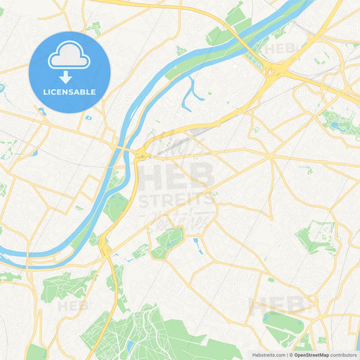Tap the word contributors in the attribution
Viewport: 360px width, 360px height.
pyautogui.click(x=343, y=355)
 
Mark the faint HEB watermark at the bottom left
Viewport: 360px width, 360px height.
pyautogui.click(x=72, y=306)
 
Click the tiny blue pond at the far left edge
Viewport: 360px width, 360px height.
pyautogui.click(x=3, y=88)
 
